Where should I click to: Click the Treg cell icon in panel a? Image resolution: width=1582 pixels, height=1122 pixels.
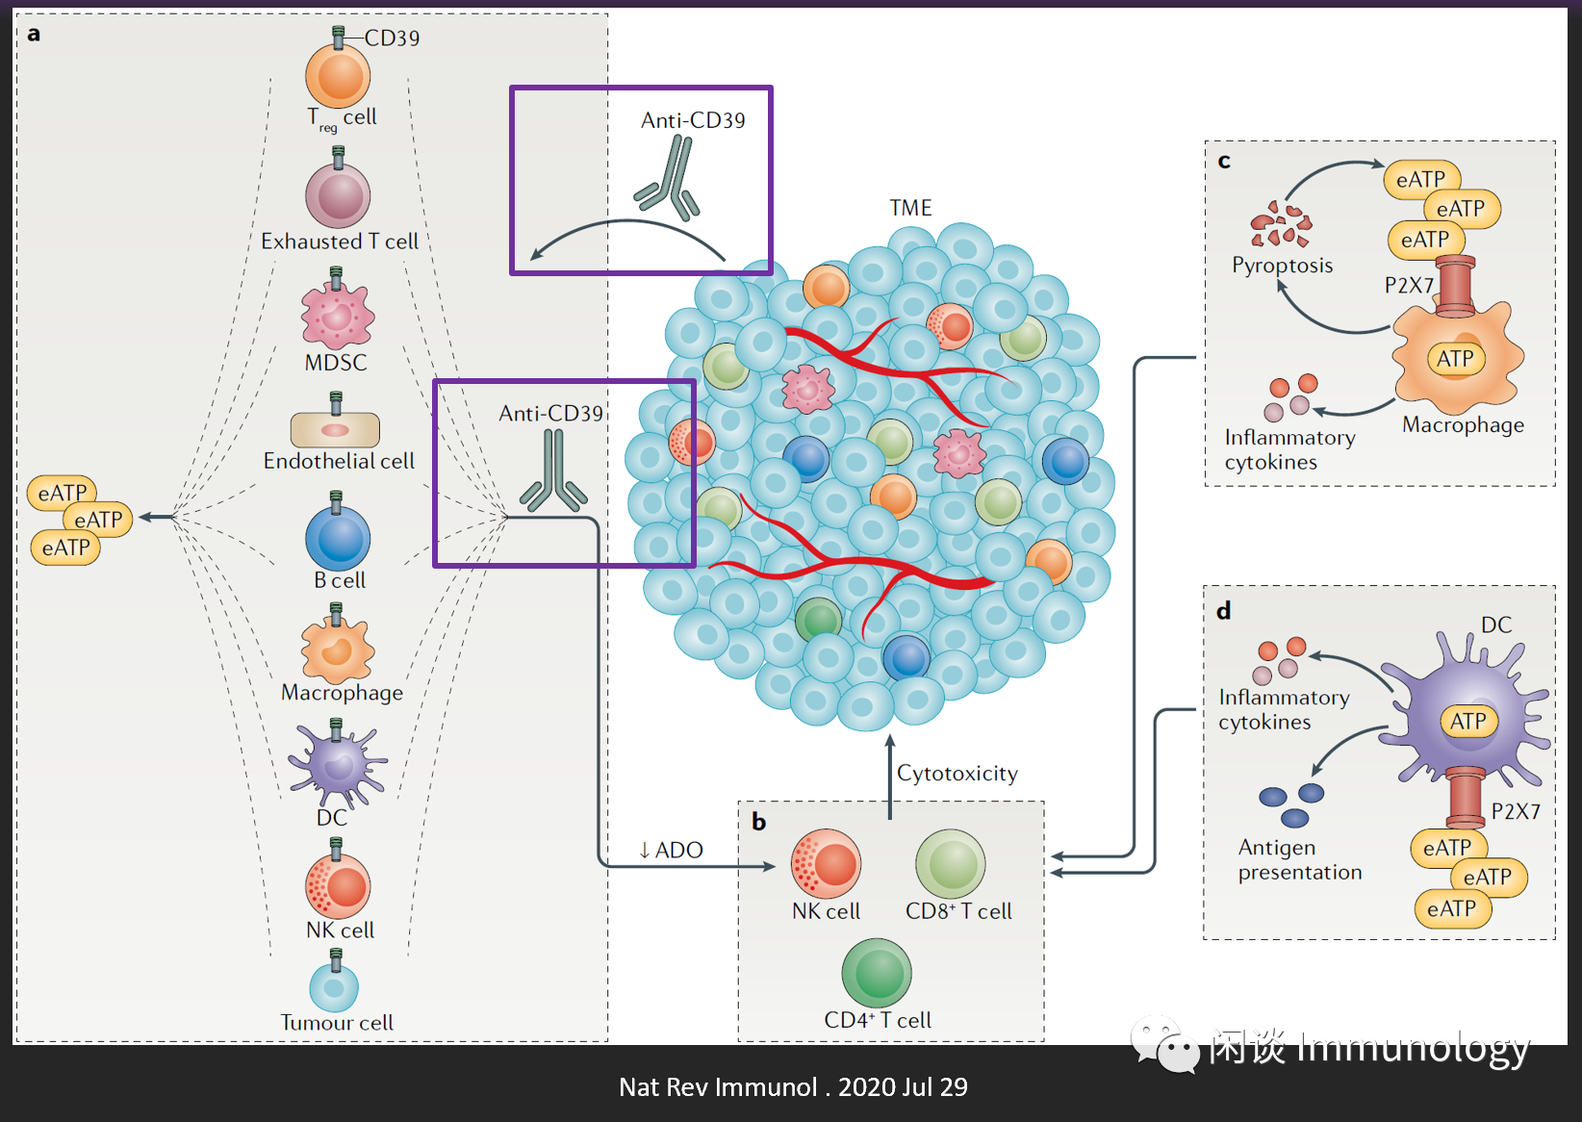pos(338,77)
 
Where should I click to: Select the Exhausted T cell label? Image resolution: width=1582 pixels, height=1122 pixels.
pos(340,242)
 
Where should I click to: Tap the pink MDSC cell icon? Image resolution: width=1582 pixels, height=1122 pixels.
pos(337,315)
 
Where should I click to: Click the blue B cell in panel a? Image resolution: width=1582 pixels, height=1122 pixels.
pos(338,539)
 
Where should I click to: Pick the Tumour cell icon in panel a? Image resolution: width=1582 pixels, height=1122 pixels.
pos(334,987)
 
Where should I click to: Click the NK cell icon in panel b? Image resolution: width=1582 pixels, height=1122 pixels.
pos(826,863)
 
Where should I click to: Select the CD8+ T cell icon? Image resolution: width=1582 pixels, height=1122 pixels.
pos(951,863)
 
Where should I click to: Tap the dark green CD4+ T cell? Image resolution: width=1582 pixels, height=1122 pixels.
pos(877,973)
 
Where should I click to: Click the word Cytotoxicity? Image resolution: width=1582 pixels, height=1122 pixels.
pos(957,774)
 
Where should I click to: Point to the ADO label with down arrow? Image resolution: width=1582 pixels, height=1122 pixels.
pos(671,850)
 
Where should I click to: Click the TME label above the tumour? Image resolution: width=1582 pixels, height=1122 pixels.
pos(910,208)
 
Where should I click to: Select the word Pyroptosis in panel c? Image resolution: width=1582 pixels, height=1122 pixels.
pos(1283,266)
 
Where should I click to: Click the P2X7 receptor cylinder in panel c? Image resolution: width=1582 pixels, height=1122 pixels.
pos(1456,286)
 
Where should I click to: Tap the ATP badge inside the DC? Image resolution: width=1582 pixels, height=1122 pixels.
pos(1468,721)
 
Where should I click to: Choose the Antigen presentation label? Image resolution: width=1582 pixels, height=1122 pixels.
pos(1300,859)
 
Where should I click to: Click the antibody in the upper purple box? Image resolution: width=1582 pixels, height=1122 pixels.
pos(668,180)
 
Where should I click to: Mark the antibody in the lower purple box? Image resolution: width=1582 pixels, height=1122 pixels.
pos(553,472)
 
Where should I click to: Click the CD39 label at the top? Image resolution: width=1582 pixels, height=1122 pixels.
pos(392,38)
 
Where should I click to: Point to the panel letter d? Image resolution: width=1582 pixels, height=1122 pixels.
pos(1224,611)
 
